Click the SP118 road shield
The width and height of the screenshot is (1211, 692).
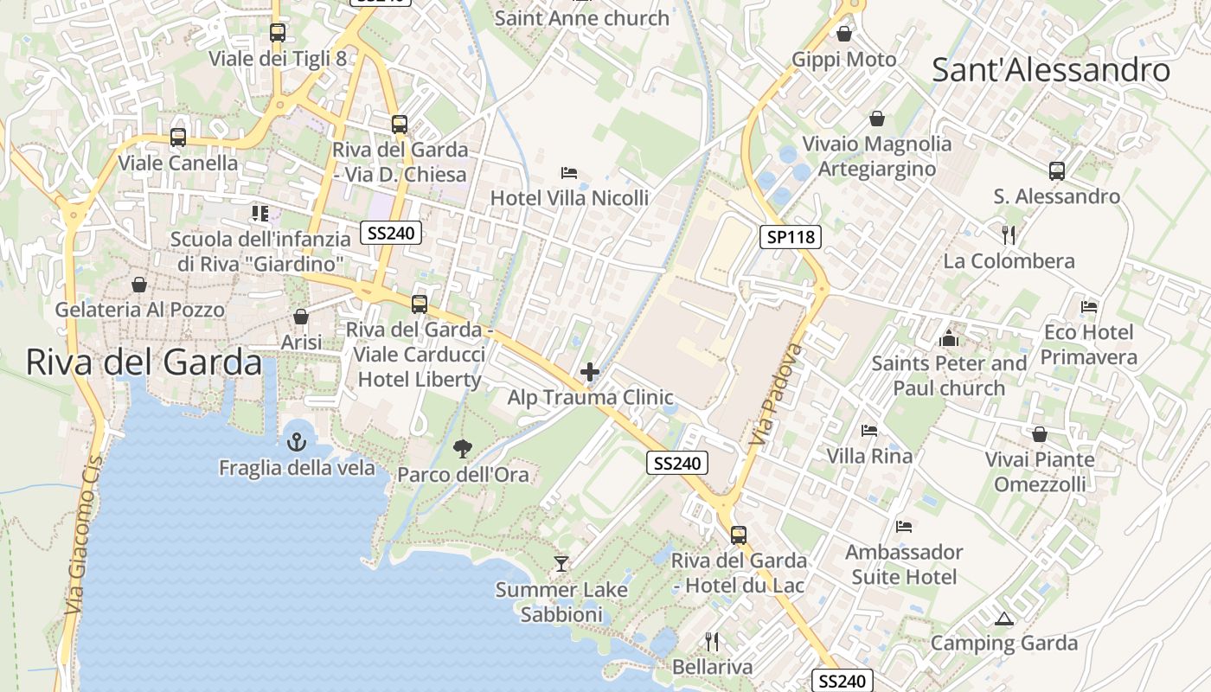tap(791, 236)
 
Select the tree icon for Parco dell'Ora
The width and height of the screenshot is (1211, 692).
tap(463, 448)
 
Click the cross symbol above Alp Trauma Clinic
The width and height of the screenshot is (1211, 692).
tap(590, 373)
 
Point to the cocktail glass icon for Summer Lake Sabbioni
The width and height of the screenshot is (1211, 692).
tap(561, 564)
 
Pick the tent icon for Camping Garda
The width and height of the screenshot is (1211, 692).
tap(1003, 618)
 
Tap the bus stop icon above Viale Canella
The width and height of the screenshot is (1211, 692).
tap(178, 137)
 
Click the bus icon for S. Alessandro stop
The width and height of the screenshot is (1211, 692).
tap(1056, 170)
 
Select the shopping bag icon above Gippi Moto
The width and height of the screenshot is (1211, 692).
tap(844, 34)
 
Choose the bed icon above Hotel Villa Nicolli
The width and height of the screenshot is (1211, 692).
tap(568, 173)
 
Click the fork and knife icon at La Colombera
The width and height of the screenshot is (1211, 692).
tap(1008, 234)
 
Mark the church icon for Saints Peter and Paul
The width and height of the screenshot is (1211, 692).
tap(949, 337)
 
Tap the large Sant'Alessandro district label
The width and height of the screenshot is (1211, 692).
tap(1051, 70)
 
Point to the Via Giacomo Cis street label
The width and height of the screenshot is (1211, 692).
tap(84, 537)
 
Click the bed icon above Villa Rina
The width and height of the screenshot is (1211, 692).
tap(869, 430)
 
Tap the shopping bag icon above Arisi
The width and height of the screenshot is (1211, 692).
tap(301, 317)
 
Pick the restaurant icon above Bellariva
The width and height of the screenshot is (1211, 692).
tap(712, 641)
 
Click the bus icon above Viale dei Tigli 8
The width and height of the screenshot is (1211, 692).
tap(278, 33)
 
